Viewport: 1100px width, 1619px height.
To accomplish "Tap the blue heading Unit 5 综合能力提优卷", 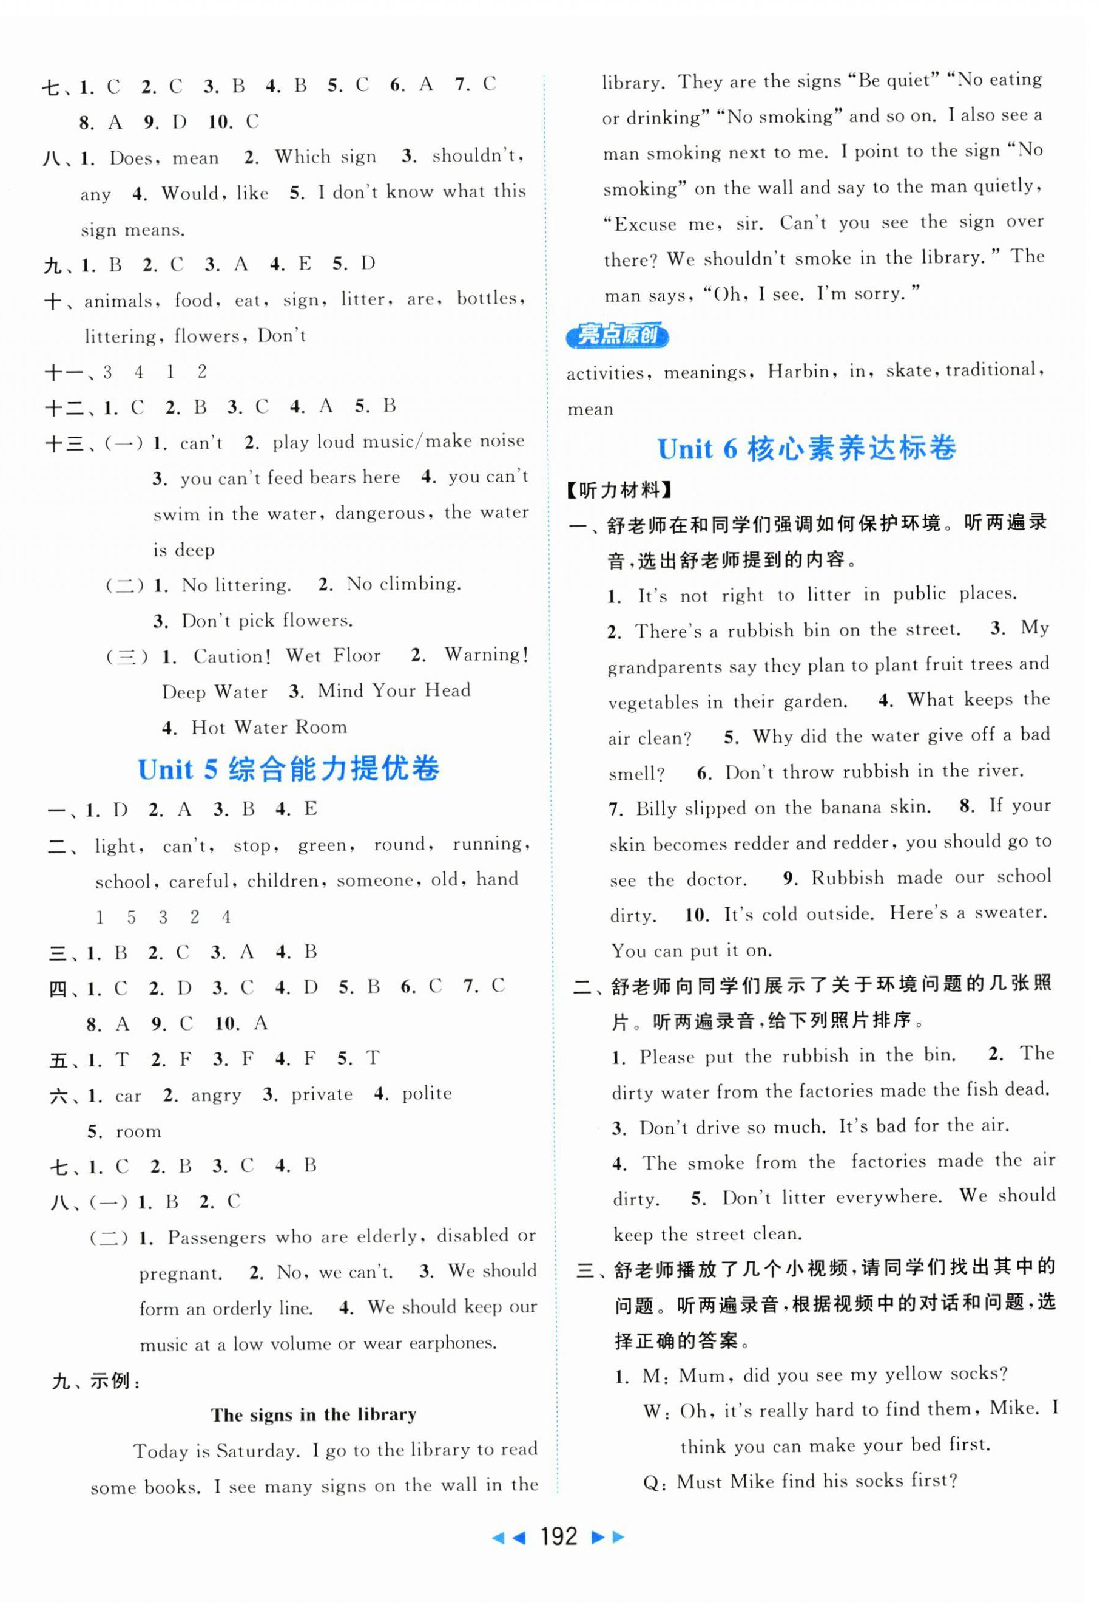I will (x=288, y=769).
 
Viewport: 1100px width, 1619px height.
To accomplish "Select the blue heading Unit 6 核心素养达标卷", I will (x=806, y=449).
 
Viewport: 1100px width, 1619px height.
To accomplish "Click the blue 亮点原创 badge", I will (x=617, y=336).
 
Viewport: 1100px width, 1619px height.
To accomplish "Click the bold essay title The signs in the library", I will (x=313, y=1415).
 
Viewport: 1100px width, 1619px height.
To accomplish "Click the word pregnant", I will (x=180, y=1274).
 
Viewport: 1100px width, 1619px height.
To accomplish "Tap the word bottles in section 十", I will (x=487, y=299).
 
